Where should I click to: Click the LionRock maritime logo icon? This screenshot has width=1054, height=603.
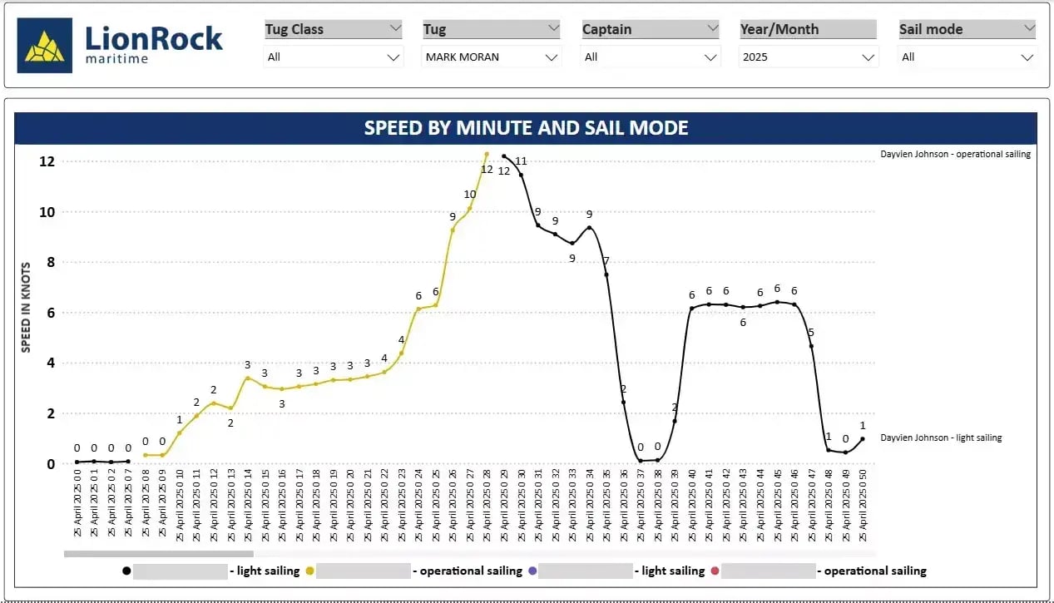coord(45,46)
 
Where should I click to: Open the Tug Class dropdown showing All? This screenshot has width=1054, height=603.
coord(334,57)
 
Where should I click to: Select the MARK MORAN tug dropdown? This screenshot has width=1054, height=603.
coord(492,57)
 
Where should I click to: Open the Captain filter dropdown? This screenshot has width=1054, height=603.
coord(651,57)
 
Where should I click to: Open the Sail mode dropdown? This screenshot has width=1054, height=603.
coord(967,57)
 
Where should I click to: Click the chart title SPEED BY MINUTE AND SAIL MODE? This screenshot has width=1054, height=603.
coord(526,128)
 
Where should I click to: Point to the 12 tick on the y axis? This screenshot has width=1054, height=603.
coord(47,161)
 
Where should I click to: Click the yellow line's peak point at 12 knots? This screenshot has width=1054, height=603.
coord(487,154)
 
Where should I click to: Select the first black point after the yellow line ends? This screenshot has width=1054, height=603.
coord(504,156)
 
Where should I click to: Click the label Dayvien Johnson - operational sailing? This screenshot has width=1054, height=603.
coord(955,154)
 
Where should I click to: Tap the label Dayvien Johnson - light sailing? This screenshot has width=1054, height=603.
coord(941,437)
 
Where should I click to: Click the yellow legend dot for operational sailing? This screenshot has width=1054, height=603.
coord(309,571)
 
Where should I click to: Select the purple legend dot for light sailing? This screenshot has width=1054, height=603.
coord(532,571)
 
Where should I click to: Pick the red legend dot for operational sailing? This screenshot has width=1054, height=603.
coord(715,571)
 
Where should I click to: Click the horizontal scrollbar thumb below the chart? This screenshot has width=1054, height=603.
coord(158,553)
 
